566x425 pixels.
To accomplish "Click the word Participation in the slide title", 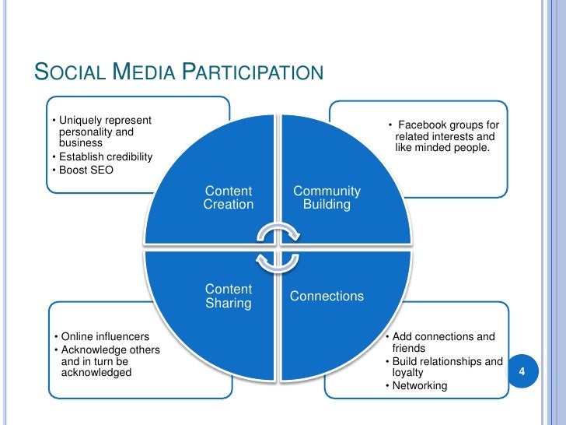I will tap(253, 74).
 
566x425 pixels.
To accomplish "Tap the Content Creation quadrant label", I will tap(228, 198).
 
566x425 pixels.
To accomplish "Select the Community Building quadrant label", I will tap(327, 198).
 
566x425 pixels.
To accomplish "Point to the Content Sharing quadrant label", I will tap(228, 296).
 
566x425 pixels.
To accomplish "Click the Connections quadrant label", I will tap(327, 297).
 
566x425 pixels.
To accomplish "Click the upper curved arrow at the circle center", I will tap(278, 236).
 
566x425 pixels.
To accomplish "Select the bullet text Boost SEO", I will tap(85, 170).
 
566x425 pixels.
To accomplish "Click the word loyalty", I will tap(408, 373).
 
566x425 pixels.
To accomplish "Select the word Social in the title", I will tap(68, 74).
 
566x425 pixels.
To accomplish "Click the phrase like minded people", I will tap(442, 148).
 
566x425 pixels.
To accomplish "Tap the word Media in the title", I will tap(143, 74).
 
